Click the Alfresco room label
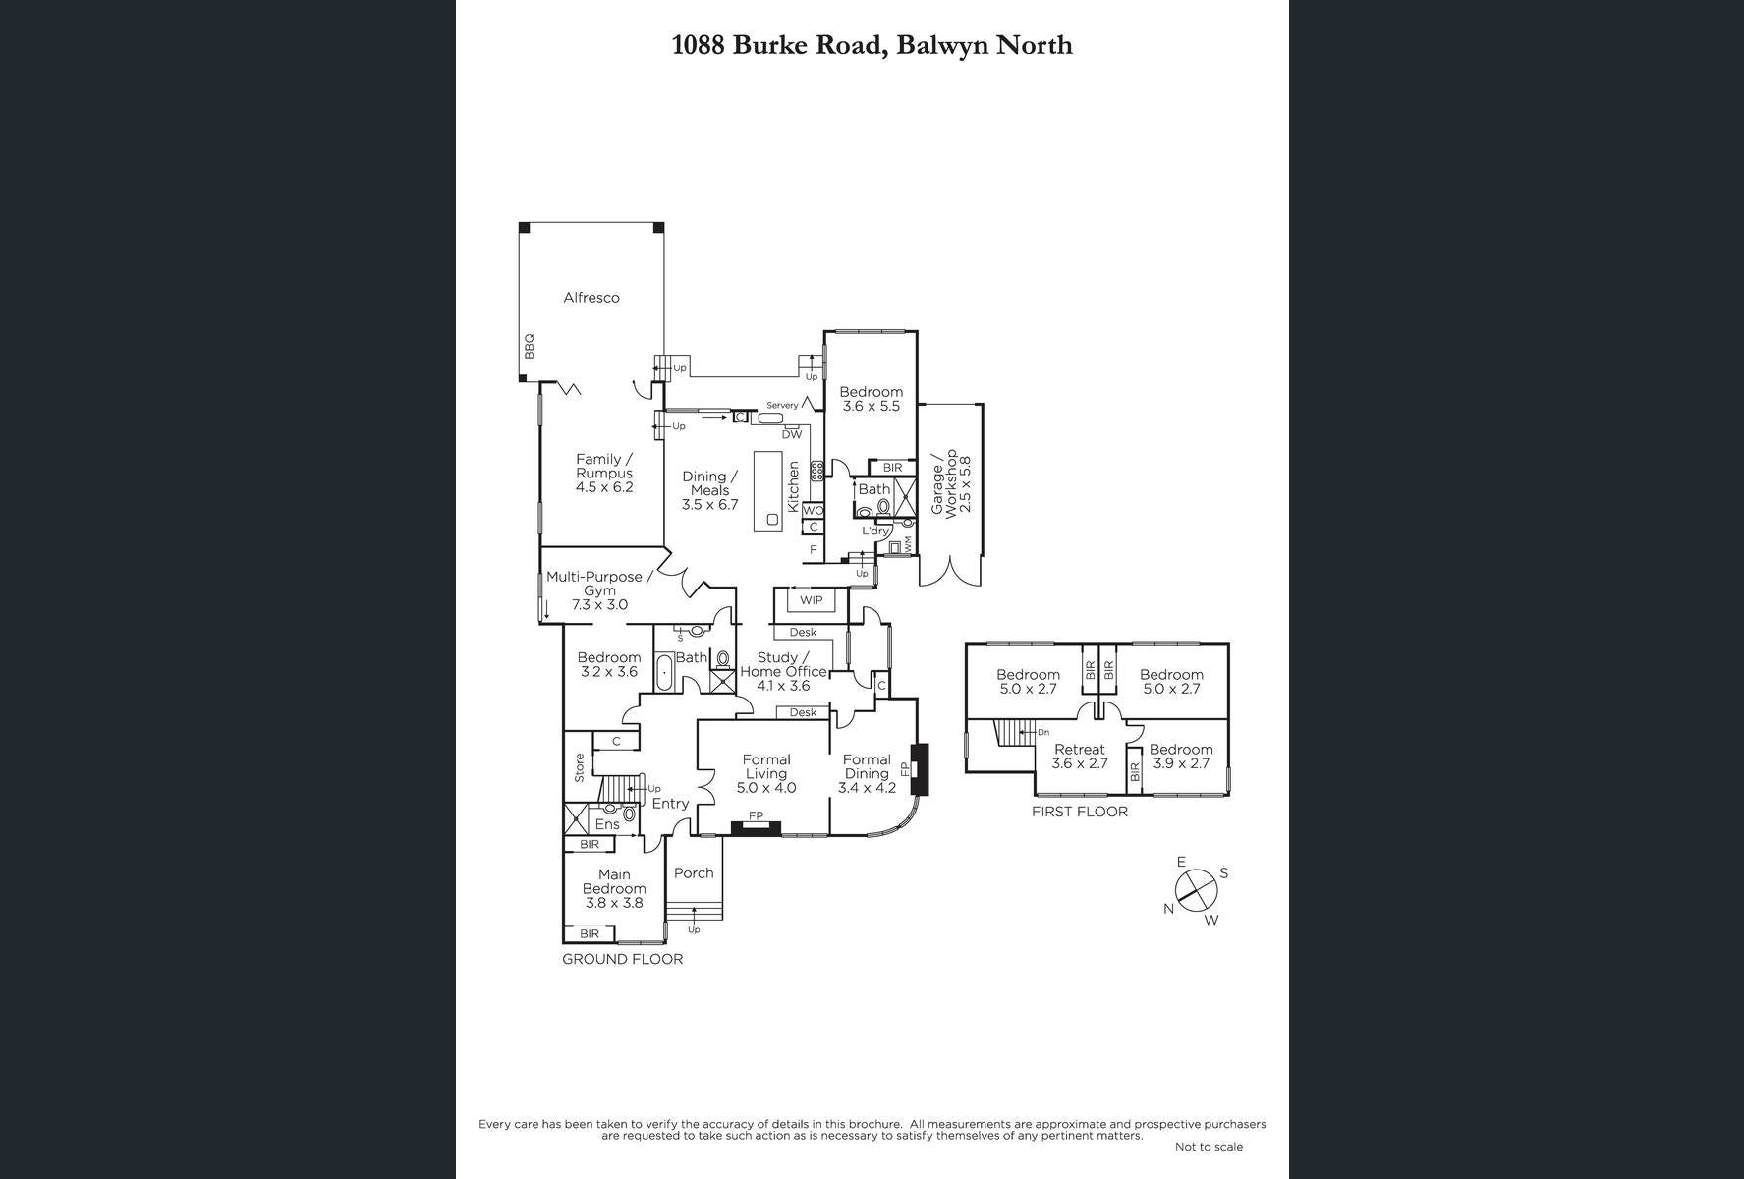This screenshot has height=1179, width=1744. [591, 298]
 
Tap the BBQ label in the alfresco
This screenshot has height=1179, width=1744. [529, 345]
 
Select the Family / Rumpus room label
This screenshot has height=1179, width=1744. [604, 473]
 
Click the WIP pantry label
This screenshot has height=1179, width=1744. [811, 600]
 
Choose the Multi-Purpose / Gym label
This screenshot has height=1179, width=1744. [599, 590]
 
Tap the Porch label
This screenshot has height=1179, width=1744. [694, 872]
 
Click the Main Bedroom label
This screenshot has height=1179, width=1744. [614, 888]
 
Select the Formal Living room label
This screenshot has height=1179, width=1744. [766, 773]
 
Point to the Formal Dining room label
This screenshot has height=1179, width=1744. [867, 773]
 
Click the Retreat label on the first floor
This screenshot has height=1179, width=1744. [1080, 756]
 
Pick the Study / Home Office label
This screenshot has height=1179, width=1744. [784, 671]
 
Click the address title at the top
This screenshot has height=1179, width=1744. [872, 45]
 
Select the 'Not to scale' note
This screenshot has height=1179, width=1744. [1209, 1147]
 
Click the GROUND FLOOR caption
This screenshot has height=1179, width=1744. [622, 959]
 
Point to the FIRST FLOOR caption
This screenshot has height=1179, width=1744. [1080, 812]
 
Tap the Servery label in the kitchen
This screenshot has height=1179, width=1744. [782, 405]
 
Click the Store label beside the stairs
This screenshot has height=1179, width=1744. [580, 767]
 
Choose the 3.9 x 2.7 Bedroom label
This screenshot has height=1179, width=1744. [1181, 756]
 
